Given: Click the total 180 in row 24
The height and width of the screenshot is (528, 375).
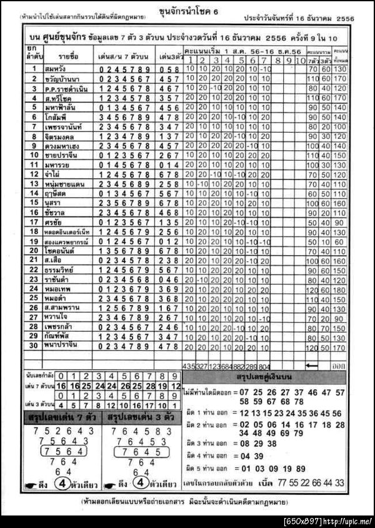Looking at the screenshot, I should pyautogui.click(x=339, y=290).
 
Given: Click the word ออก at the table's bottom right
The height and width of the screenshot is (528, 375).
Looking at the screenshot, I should pyautogui.click(x=339, y=365).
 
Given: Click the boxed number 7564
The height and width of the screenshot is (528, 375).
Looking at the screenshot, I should pyautogui.click(x=59, y=452).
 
